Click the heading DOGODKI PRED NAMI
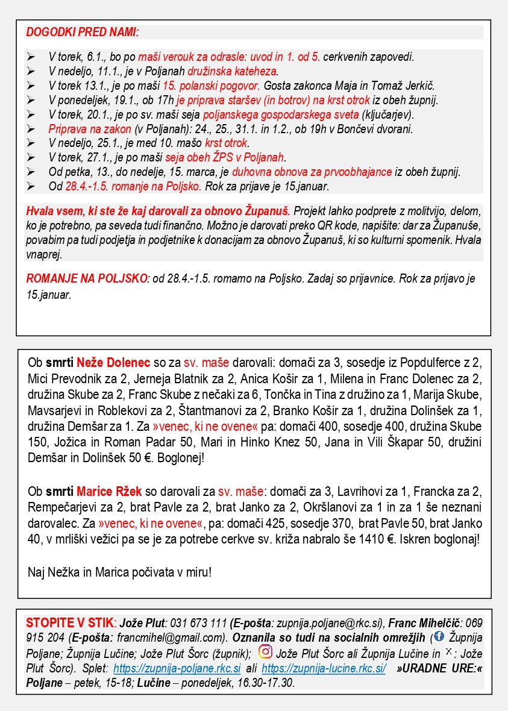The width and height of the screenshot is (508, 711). tap(83, 32)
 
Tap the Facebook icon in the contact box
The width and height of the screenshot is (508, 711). tap(439, 636)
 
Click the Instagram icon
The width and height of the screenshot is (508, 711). tap(265, 651)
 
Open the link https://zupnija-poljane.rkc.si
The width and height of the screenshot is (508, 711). tap(177, 668)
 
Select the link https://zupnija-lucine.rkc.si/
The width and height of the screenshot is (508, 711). tap(324, 668)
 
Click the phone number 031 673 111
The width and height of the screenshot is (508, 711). tap(199, 622)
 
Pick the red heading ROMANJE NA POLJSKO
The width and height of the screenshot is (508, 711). tap(87, 279)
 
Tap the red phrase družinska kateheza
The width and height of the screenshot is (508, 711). tap(234, 71)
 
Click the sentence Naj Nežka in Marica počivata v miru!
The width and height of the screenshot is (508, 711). tap(120, 571)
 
